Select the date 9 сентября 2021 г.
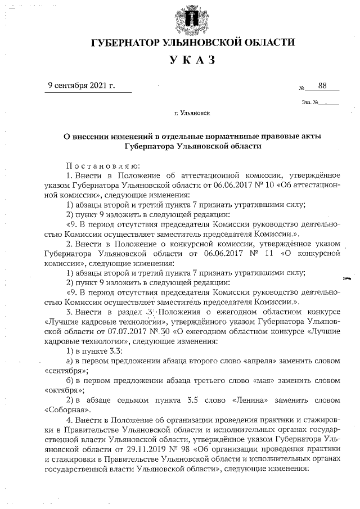point(82,85)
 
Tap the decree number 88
point(322,85)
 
